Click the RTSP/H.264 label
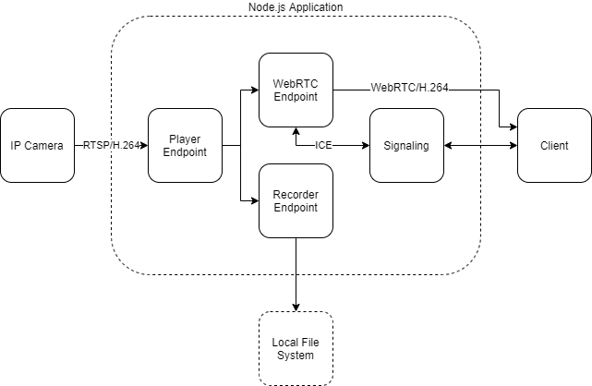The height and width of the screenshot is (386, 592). (x=111, y=145)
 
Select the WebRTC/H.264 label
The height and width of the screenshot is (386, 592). (x=409, y=88)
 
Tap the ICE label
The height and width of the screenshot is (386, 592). (x=323, y=145)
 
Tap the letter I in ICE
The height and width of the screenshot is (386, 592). (x=317, y=145)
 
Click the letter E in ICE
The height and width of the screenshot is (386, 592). (x=328, y=145)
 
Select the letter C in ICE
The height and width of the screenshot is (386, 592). (x=322, y=145)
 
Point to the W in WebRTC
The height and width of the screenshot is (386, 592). (x=376, y=88)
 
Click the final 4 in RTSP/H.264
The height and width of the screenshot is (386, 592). (x=137, y=145)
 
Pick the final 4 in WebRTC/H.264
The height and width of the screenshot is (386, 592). (x=445, y=88)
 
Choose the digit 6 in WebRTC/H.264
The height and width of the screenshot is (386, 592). (x=439, y=88)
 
